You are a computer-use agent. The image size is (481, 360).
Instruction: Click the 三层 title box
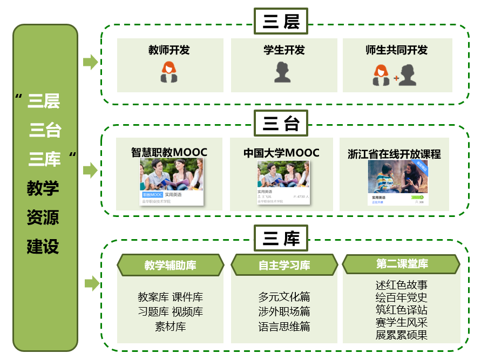[x=281, y=22]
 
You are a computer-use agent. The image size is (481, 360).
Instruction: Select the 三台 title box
[x=281, y=124]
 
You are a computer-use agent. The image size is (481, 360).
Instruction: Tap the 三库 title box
[x=281, y=238]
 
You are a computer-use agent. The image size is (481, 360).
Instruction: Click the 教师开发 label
[x=169, y=50]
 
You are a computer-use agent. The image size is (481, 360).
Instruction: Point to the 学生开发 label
[x=284, y=50]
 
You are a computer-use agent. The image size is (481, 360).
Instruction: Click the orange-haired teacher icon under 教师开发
[x=169, y=72]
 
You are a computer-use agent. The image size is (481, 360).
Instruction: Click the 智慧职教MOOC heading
[x=169, y=152]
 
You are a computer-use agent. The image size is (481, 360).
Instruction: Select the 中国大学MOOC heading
[x=281, y=153]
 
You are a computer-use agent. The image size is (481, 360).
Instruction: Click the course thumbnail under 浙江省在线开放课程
[x=398, y=184]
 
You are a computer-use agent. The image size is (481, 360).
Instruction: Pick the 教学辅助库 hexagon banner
[x=170, y=265]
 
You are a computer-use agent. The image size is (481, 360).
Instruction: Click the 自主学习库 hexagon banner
[x=284, y=265]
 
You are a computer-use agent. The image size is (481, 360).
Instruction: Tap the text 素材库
[x=170, y=327]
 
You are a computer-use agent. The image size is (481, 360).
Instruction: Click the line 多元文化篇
[x=284, y=297]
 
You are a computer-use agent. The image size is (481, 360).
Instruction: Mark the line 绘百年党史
[x=401, y=297]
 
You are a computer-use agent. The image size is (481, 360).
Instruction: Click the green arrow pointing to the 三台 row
[x=90, y=171]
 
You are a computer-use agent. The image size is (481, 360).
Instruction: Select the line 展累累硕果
[x=401, y=335]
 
